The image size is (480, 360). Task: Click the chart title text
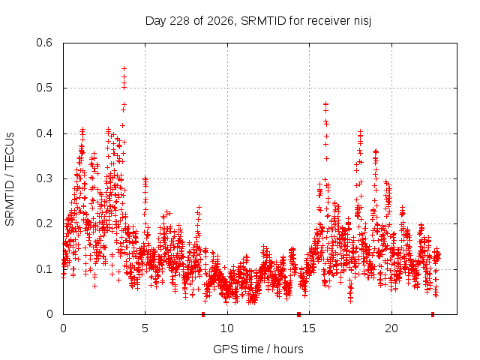coord(258,21)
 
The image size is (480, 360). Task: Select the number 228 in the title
coord(180,21)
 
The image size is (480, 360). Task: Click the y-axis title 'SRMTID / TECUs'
coord(10,179)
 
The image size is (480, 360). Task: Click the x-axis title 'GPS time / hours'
coord(258,349)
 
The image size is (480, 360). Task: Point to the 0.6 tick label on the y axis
coord(44,43)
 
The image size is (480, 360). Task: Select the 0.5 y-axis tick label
coord(44,88)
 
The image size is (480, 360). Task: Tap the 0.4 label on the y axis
coord(44,133)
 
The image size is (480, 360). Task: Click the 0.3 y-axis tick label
coord(44,178)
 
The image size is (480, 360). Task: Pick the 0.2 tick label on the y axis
coord(44,223)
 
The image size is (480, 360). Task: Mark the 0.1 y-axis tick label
coord(44,269)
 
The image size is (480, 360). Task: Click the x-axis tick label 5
coord(145,328)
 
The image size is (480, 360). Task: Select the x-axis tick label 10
coord(226,328)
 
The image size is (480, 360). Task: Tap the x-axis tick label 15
coord(309,328)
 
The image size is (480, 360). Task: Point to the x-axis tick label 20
coord(391,328)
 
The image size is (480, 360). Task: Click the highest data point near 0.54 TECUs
coord(124,68)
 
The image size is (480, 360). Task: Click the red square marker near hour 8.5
coord(203,314)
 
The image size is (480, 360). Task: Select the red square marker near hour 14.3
coord(298,314)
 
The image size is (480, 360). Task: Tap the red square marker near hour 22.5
coord(433,314)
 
